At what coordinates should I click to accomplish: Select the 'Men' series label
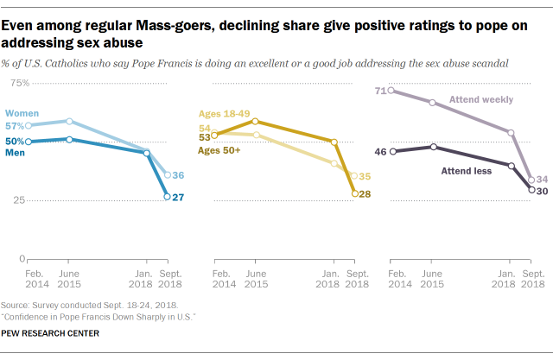click(x=16, y=152)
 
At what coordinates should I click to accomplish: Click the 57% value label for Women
click(x=16, y=126)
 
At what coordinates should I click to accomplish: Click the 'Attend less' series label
click(x=466, y=170)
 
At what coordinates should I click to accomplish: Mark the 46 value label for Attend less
click(x=380, y=152)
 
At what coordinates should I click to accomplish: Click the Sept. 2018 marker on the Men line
click(x=168, y=197)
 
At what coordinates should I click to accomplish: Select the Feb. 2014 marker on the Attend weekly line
click(x=392, y=90)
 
